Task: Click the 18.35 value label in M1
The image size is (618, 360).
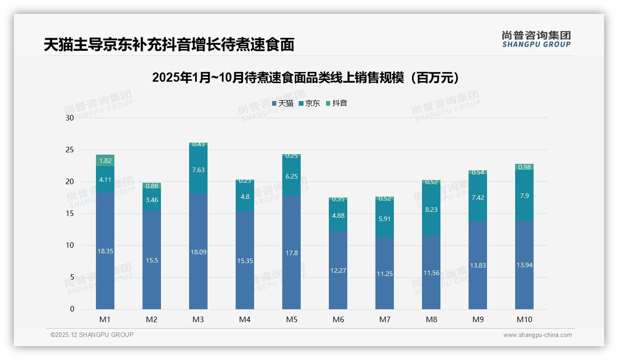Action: point(105,251)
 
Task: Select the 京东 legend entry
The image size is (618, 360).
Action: point(309,103)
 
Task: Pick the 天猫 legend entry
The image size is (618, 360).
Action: point(283,103)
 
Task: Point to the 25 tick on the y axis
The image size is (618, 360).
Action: point(70,150)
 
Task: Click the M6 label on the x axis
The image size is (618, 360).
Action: point(338,319)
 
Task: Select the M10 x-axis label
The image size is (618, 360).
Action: point(524,319)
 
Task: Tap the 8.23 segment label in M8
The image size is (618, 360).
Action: point(431,209)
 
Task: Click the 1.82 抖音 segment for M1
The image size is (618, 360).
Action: point(105,161)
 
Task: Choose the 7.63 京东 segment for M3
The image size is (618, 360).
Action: point(198,170)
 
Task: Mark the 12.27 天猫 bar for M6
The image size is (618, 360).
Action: point(338,270)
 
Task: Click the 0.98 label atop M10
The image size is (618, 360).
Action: point(524,167)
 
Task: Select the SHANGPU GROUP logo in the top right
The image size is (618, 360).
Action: point(536,39)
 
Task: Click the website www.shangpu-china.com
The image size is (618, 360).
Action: point(537,335)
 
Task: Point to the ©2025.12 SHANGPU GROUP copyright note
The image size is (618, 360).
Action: point(92,335)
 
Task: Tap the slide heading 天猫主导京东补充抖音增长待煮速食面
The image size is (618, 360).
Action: point(169,45)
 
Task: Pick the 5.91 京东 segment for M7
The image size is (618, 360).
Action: point(385,219)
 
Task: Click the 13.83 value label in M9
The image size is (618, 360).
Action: point(478,265)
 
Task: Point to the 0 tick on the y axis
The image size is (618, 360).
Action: point(72,309)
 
